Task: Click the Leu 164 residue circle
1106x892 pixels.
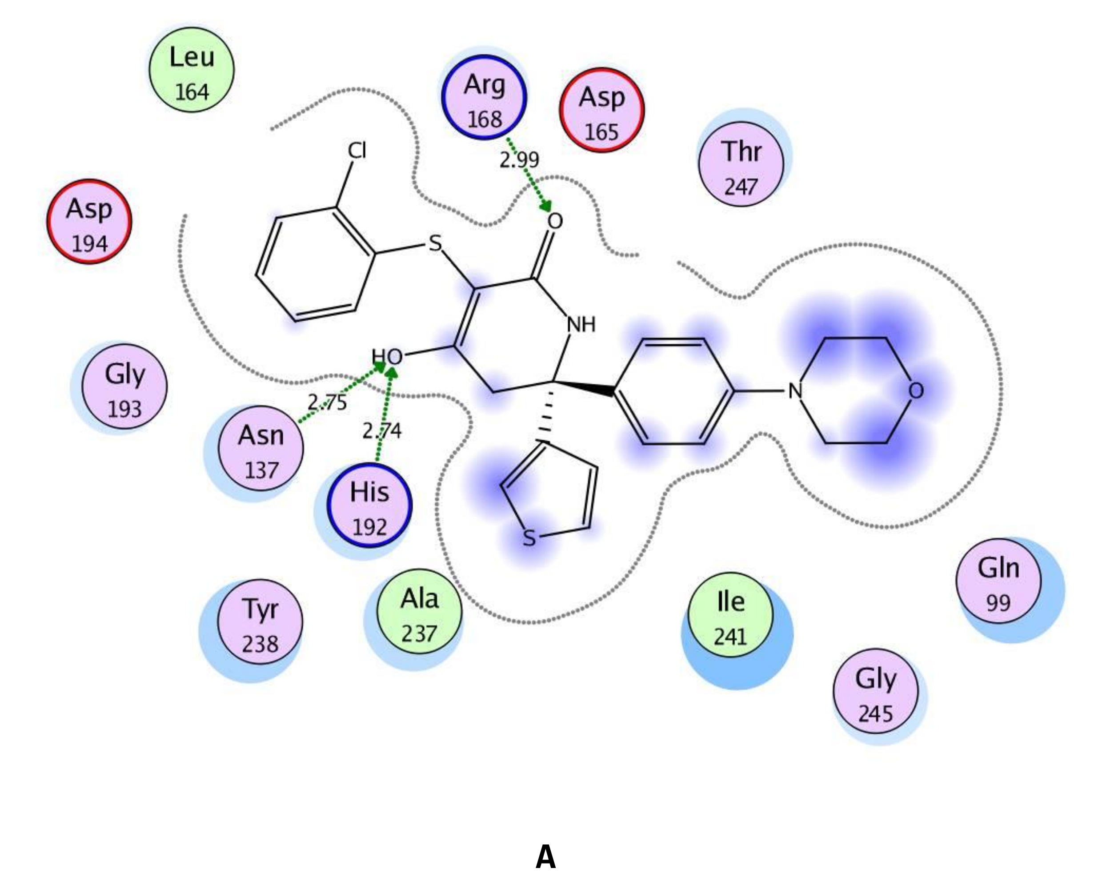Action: pyautogui.click(x=191, y=70)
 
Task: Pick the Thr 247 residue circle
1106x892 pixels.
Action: pyautogui.click(x=741, y=164)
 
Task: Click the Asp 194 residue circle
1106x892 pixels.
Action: pyautogui.click(x=89, y=222)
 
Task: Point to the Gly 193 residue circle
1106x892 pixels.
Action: pyautogui.click(x=124, y=386)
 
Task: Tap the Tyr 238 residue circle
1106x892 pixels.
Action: pyautogui.click(x=260, y=622)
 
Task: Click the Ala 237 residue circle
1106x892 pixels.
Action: pyautogui.click(x=419, y=611)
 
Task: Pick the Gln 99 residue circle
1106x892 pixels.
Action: pyautogui.click(x=998, y=581)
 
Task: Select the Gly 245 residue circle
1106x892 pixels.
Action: pyautogui.click(x=875, y=691)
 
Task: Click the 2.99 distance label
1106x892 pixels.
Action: pyautogui.click(x=519, y=160)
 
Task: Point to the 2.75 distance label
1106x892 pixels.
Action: pyautogui.click(x=327, y=402)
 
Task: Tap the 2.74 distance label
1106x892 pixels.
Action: pyautogui.click(x=381, y=430)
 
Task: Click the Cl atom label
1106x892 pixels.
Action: pyautogui.click(x=357, y=151)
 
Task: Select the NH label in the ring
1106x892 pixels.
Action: pyautogui.click(x=581, y=325)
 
